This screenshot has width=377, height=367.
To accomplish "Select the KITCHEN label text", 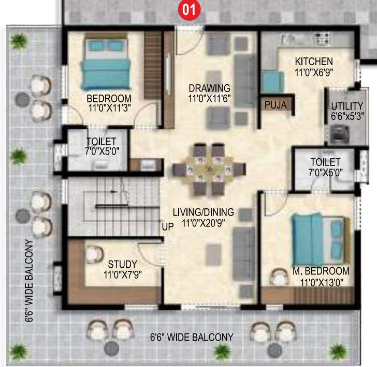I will coord(313,61).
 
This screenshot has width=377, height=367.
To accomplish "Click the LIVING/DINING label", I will coord(203,212).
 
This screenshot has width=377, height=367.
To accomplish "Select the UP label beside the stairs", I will coord(168,227).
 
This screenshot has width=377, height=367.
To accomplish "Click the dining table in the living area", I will coord(209,169).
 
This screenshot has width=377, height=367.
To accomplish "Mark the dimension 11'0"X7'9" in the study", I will coord(123,274).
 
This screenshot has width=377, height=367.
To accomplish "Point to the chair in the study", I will coord(94,254).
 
